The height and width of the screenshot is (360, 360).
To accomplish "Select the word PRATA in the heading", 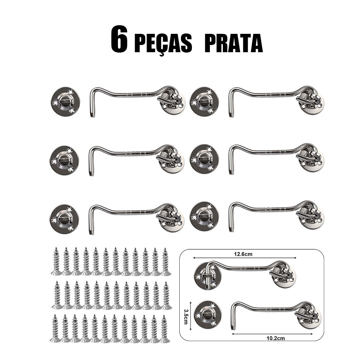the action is (234, 43).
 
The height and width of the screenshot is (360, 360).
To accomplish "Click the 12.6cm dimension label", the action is (243, 254).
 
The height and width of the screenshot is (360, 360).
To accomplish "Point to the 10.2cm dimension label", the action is (275, 338).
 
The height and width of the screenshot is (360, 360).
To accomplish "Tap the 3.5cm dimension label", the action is (186, 316).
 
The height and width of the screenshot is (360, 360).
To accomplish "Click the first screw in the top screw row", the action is (56, 261).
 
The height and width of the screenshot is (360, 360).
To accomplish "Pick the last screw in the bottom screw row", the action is (165, 329).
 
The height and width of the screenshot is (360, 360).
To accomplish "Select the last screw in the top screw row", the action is (166, 261).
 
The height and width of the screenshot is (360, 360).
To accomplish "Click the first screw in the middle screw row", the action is (57, 295).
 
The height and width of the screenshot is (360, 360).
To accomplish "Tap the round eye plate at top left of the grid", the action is (66, 102).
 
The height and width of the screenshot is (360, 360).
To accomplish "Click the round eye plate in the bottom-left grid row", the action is (64, 219).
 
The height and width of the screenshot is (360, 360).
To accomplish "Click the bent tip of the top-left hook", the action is (93, 114).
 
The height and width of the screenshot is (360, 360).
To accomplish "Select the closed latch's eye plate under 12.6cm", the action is (208, 276).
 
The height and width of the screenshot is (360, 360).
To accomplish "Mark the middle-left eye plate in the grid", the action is (64, 161).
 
